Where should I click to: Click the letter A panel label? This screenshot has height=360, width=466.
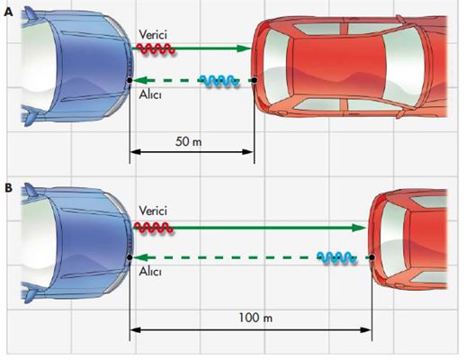(9, 13)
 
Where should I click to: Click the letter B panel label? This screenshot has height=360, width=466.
(8, 188)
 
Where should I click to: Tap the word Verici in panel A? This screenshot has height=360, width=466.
(153, 35)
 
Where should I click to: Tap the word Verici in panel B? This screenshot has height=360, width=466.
(153, 211)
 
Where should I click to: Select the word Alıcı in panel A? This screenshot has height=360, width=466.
(150, 94)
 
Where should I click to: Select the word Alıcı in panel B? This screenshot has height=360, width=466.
(150, 271)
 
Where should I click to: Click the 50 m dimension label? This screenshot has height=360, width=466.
(188, 141)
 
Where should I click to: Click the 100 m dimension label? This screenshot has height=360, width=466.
(255, 318)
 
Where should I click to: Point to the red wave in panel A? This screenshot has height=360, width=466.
(156, 49)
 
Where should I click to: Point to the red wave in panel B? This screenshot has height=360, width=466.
(153, 228)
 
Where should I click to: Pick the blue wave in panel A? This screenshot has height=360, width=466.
(220, 81)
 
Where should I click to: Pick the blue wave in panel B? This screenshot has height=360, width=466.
(337, 258)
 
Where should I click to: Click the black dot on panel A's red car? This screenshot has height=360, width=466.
(255, 80)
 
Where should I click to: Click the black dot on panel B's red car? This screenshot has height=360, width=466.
(372, 257)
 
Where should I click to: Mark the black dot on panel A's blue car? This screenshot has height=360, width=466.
(130, 80)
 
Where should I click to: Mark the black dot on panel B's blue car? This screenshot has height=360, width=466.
(130, 257)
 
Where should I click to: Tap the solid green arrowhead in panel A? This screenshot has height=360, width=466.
(244, 49)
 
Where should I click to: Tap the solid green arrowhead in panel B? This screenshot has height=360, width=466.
(359, 228)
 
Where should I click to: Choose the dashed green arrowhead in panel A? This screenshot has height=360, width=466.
(139, 80)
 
